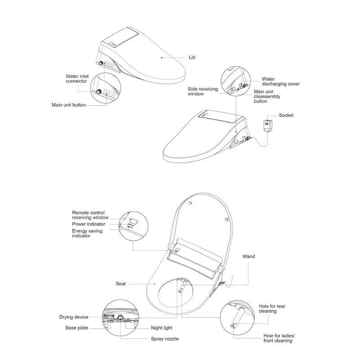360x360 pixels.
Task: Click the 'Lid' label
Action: (x=192, y=57)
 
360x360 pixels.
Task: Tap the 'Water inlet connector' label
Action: (x=77, y=78)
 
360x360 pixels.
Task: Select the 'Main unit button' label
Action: (x=69, y=105)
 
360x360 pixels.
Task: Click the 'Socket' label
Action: (x=286, y=115)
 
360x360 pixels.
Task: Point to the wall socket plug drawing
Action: (x=268, y=126)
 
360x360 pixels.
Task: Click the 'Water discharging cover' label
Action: (x=280, y=81)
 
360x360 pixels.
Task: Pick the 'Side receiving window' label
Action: (x=203, y=91)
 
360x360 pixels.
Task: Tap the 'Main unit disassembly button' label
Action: (x=267, y=96)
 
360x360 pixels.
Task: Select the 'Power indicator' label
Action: (x=89, y=224)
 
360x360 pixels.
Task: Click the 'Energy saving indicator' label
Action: (x=87, y=233)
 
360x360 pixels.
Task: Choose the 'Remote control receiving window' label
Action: (x=90, y=215)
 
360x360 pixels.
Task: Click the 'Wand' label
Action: (x=249, y=256)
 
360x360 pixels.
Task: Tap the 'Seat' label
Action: (x=121, y=283)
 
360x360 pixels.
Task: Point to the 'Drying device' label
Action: (x=74, y=317)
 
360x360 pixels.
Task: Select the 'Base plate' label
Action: (x=76, y=328)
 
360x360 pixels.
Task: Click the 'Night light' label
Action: (x=162, y=328)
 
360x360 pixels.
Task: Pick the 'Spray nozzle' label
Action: (x=165, y=339)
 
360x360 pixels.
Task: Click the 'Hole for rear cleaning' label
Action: (x=272, y=309)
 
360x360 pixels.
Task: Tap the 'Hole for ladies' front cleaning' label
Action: (x=279, y=338)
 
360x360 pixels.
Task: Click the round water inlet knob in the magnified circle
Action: (x=99, y=92)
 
